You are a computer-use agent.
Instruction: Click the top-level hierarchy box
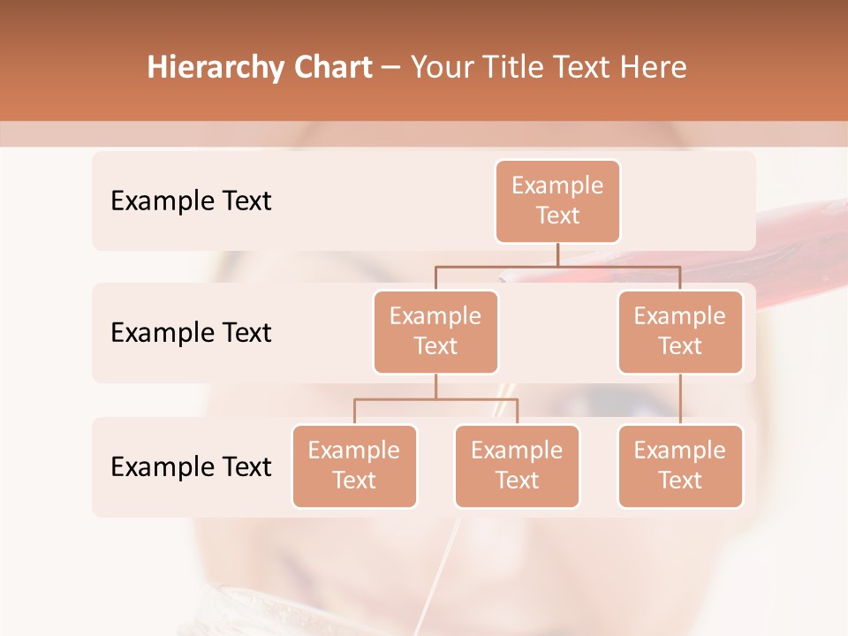(557, 201)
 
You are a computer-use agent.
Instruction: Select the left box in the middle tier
(435, 332)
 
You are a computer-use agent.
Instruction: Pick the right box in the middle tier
(680, 332)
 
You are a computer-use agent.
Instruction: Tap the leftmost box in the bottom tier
(354, 466)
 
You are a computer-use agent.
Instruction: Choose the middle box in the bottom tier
(517, 466)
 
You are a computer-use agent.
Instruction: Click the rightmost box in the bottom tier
(680, 466)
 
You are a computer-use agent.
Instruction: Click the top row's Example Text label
(191, 201)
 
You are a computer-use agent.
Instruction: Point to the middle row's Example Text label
(191, 333)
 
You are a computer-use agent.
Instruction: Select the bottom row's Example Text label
(191, 467)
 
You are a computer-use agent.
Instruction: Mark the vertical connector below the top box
(557, 254)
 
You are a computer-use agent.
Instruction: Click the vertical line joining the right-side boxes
(680, 399)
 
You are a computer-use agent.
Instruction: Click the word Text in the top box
(557, 216)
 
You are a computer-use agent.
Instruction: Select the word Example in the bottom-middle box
(517, 451)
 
